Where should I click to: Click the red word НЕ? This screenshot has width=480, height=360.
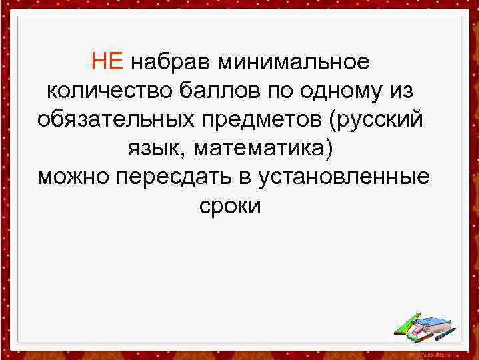click(x=107, y=63)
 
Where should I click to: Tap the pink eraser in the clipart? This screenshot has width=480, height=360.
click(x=424, y=330)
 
